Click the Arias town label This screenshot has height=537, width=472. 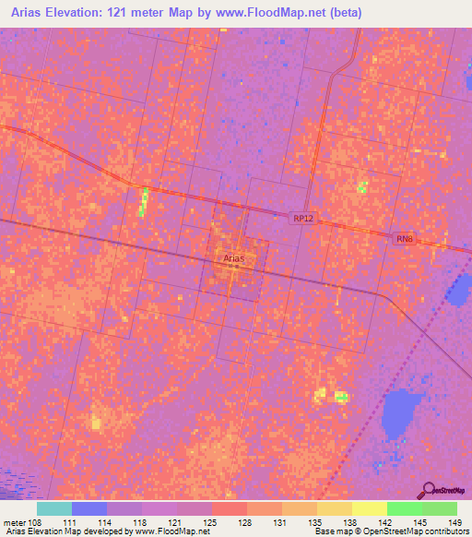[x=233, y=259]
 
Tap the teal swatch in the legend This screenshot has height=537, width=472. [x=54, y=508]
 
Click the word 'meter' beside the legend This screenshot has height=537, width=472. [x=13, y=522]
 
